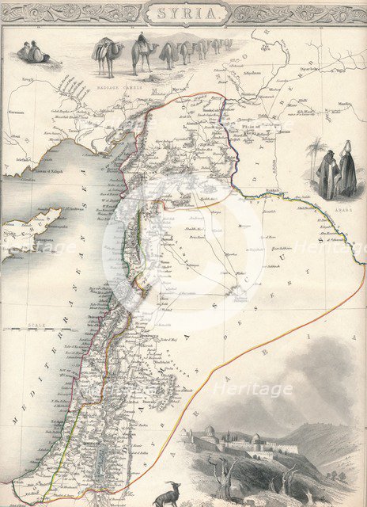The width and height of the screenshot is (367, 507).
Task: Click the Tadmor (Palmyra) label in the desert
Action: click(237, 295)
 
